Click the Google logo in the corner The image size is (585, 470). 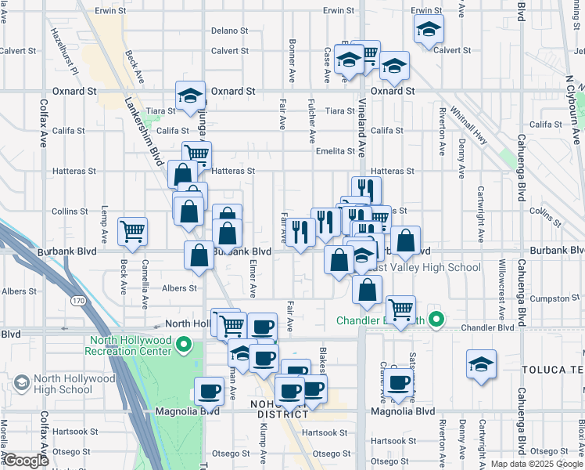[x=26, y=461]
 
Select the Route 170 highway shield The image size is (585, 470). [x=77, y=300]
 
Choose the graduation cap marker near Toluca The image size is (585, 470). [x=481, y=364]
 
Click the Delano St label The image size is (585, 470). [x=229, y=31]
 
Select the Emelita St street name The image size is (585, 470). [x=336, y=151]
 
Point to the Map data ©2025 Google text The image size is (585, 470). [x=536, y=464]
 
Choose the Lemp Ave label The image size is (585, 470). [x=104, y=224]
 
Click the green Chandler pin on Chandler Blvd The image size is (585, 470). [x=438, y=320]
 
